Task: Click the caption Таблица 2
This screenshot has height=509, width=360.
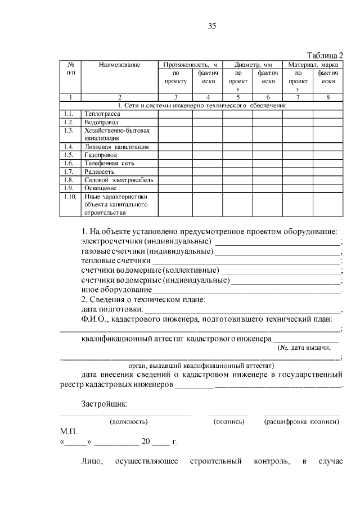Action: click(x=325, y=55)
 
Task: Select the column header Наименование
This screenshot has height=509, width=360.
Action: click(x=119, y=65)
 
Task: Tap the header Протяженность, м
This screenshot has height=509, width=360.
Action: click(x=190, y=65)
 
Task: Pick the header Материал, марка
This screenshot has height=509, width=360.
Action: click(x=313, y=65)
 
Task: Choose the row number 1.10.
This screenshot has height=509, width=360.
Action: click(x=70, y=197)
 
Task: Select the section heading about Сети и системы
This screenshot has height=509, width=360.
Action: click(x=201, y=105)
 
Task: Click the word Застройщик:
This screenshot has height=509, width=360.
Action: click(x=104, y=404)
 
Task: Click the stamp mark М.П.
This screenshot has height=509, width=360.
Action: click(x=67, y=431)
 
